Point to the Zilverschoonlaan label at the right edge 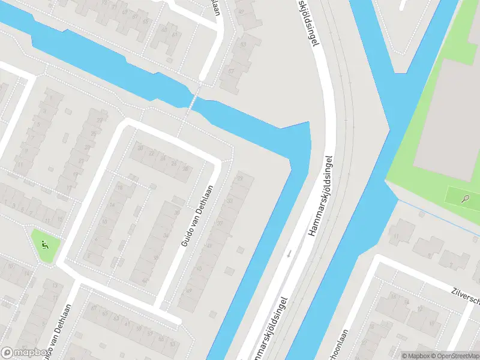point(464,293)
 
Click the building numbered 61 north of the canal point(175,35)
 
